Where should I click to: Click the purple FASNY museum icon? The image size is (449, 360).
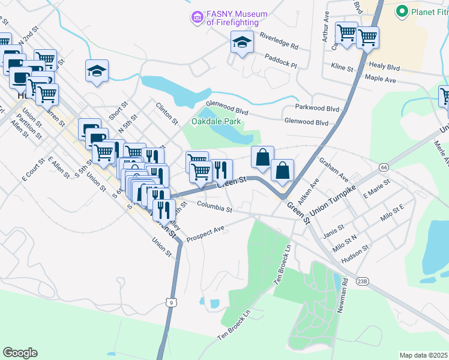click(196, 18)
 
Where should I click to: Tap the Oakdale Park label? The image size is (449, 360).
click(216, 121)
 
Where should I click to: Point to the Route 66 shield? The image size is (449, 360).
click(384, 166)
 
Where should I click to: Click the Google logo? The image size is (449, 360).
click(20, 353)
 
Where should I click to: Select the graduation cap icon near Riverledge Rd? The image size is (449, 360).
click(242, 42)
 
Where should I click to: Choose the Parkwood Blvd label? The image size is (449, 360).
click(317, 109)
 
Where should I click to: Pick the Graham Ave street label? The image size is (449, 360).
click(334, 169)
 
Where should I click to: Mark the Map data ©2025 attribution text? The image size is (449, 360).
click(423, 355)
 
